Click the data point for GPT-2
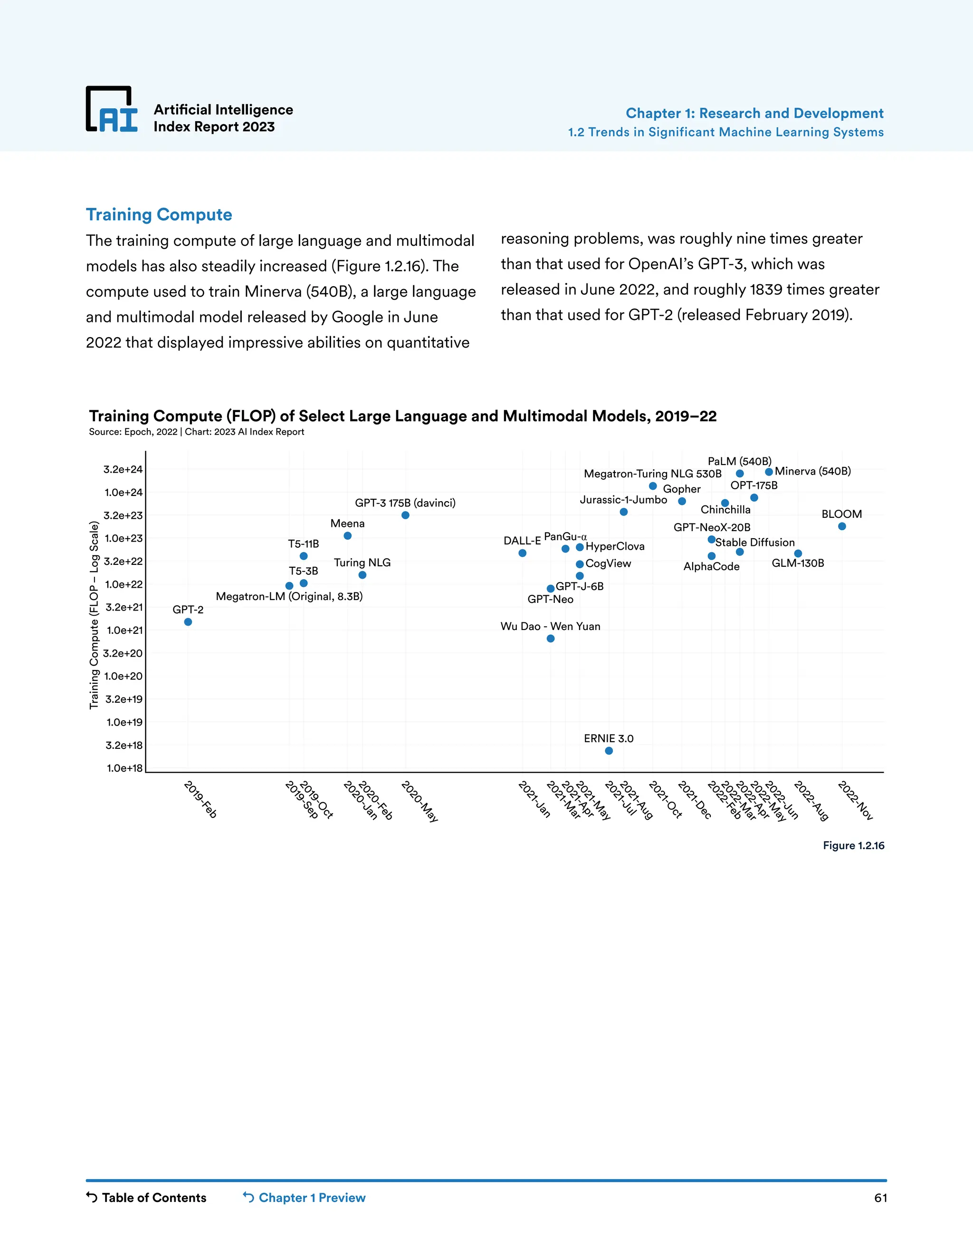(x=188, y=622)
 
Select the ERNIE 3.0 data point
(x=609, y=751)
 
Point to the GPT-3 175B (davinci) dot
(x=405, y=515)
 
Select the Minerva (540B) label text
(x=813, y=471)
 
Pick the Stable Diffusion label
(x=754, y=543)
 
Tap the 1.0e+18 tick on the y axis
(x=124, y=768)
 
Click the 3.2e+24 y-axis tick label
(x=123, y=470)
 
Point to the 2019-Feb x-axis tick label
(x=200, y=799)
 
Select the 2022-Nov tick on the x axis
(x=855, y=800)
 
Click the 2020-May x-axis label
(x=420, y=801)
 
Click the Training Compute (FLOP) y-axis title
(x=94, y=615)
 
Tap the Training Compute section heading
(x=159, y=214)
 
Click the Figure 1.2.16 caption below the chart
(x=853, y=845)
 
